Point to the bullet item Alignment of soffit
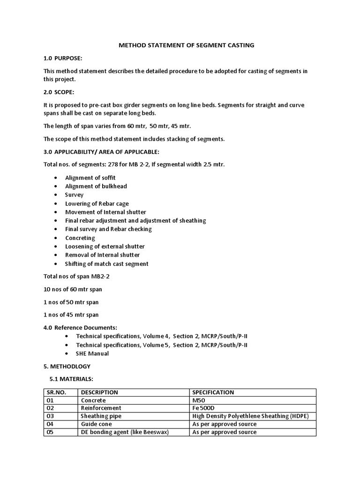90,178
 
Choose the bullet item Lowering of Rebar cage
97,203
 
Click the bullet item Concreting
80,238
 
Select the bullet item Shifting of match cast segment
106,263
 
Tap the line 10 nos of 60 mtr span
73,289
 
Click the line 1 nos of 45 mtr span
71,315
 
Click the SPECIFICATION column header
213,392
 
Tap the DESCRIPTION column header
99,392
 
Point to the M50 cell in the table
199,400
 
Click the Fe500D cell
203,408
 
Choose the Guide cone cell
97,424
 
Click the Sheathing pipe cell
102,416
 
